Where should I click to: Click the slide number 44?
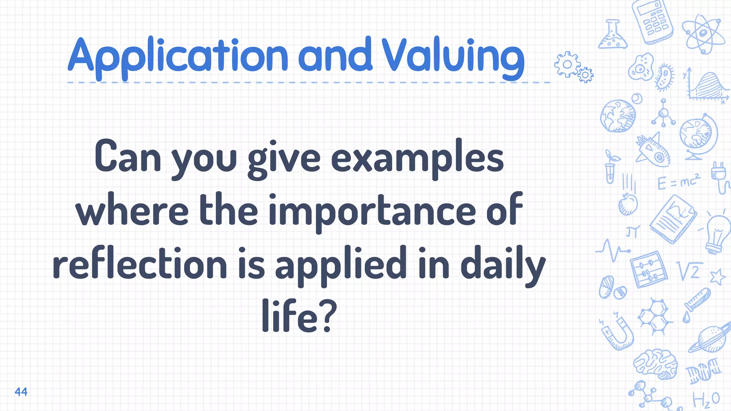click(21, 392)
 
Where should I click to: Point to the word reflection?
click(140, 264)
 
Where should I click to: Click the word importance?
click(372, 211)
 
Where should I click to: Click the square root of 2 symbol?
click(689, 272)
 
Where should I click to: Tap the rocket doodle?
click(653, 150)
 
